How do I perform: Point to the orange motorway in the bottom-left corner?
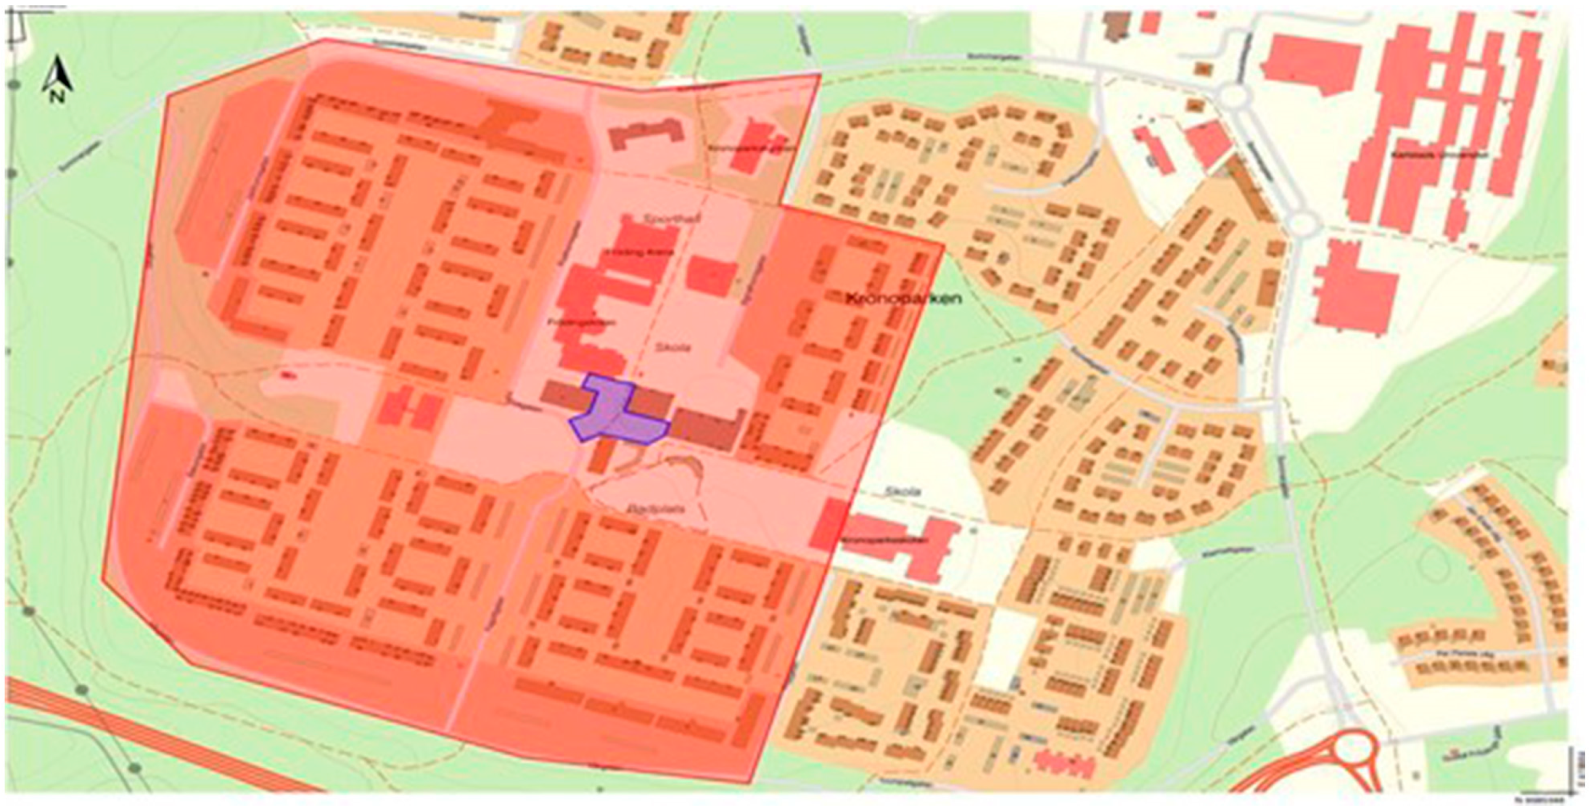pyautogui.click(x=154, y=741)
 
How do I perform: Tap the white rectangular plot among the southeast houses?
pyautogui.click(x=1005, y=642)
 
